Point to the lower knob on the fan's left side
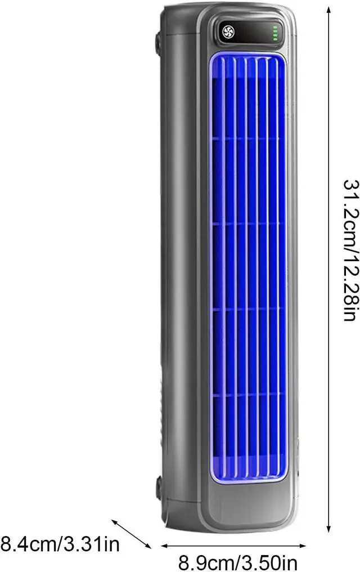pyautogui.click(x=159, y=488)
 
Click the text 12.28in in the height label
pyautogui.click(x=350, y=286)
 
